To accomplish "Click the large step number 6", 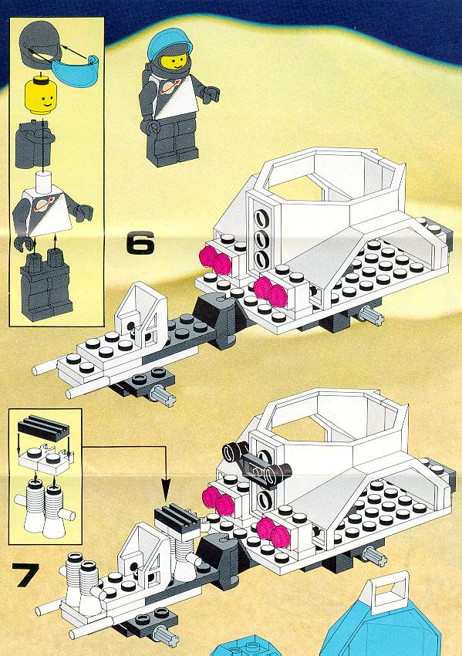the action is point(140,243).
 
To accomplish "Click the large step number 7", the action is point(25,574).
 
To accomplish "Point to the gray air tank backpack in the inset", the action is point(34,144).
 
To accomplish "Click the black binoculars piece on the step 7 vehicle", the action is point(257,463).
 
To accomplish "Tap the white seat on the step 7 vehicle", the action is point(143,553).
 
